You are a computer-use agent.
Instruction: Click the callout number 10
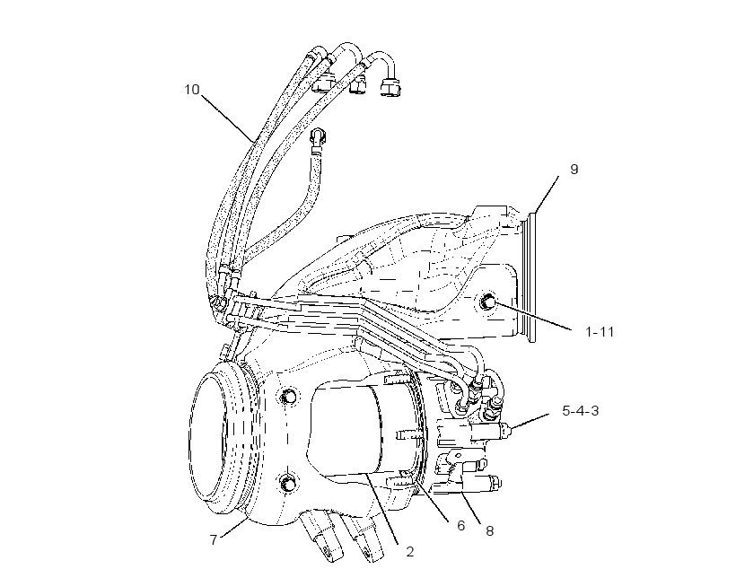(x=191, y=89)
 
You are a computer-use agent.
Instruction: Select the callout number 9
(x=574, y=169)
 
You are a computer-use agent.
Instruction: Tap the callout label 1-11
(x=600, y=332)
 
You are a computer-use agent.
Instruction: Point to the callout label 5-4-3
(x=580, y=411)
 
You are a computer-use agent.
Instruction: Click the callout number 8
(x=489, y=531)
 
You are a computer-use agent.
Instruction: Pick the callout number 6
(x=461, y=525)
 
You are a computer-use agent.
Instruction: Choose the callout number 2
(x=214, y=540)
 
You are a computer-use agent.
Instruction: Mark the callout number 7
(x=410, y=552)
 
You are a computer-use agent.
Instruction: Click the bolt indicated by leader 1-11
(x=486, y=302)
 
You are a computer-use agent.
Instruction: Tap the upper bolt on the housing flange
(x=288, y=397)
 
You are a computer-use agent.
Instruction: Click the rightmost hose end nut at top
(x=390, y=88)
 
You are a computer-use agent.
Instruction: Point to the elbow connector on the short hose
(x=319, y=137)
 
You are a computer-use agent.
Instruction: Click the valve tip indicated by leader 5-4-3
(x=506, y=429)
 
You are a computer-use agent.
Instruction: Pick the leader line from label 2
(x=383, y=510)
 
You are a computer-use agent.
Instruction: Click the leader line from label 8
(x=470, y=505)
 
